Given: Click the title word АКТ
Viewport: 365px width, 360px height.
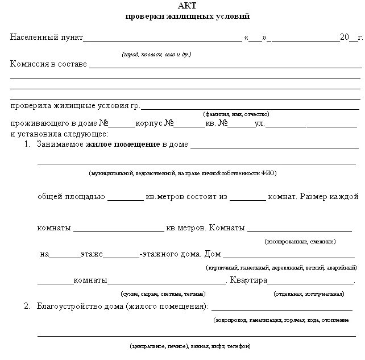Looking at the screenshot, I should [187, 6].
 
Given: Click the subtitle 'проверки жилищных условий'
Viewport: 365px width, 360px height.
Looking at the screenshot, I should [187, 16].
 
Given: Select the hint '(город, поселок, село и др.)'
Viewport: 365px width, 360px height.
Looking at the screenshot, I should [156, 55].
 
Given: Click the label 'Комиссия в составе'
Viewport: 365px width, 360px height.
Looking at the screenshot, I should [49, 64].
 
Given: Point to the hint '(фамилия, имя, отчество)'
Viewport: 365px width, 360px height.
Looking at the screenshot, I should [235, 114].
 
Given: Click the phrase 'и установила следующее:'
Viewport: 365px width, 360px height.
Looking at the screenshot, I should [59, 134].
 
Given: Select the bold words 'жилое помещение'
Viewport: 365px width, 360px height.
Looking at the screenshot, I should [123, 145].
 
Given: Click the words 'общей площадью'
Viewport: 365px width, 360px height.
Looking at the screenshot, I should [71, 197].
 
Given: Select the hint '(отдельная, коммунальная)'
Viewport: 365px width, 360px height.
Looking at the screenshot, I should [309, 294].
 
